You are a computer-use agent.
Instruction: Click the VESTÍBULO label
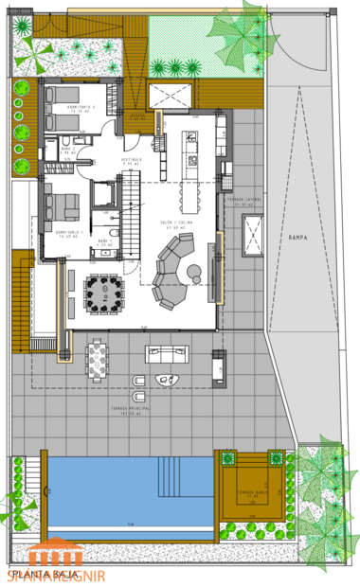[x=132, y=160]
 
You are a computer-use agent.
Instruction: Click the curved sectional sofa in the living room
[x=171, y=271]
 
